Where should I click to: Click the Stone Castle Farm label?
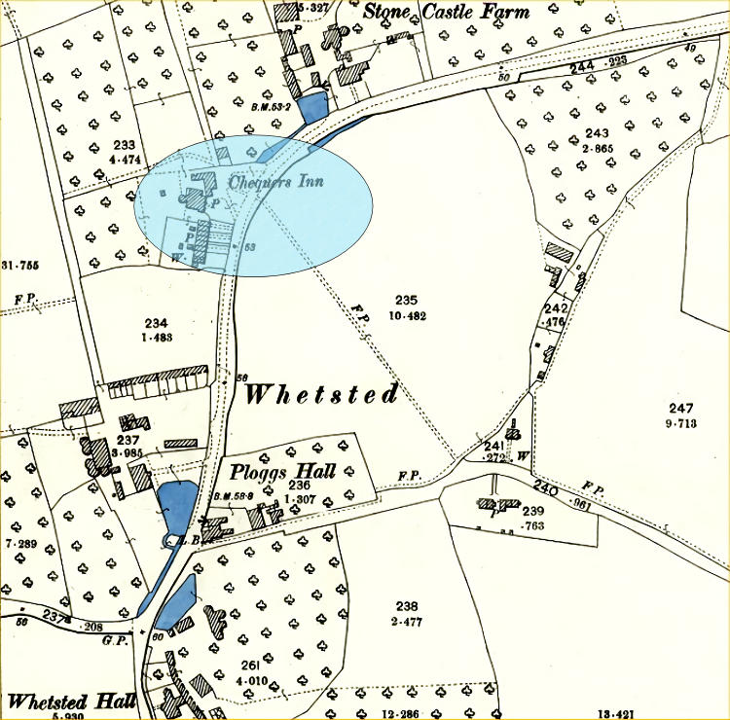pyautogui.click(x=447, y=13)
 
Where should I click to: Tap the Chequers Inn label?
pyautogui.click(x=275, y=181)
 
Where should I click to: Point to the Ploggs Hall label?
pyautogui.click(x=283, y=472)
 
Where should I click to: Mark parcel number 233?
pyautogui.click(x=124, y=145)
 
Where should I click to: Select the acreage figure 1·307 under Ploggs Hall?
pyautogui.click(x=299, y=499)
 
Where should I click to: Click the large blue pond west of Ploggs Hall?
pyautogui.click(x=176, y=504)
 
